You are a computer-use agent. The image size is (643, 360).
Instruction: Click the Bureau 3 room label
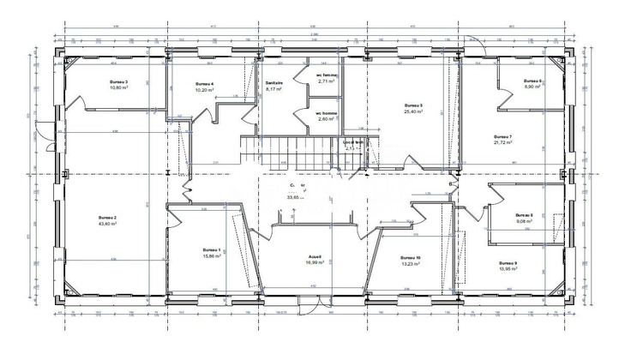(x=119, y=81)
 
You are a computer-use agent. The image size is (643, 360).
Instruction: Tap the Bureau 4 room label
(x=204, y=83)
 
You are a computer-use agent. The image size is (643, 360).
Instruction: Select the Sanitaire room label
(x=273, y=83)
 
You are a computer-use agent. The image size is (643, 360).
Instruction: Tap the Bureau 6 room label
(x=534, y=81)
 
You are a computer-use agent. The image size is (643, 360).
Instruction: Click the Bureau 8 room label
(x=525, y=215)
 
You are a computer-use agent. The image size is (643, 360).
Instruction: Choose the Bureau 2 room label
(x=107, y=218)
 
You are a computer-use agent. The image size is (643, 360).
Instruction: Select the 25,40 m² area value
(x=415, y=111)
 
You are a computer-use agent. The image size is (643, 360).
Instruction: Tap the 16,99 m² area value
(x=315, y=263)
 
